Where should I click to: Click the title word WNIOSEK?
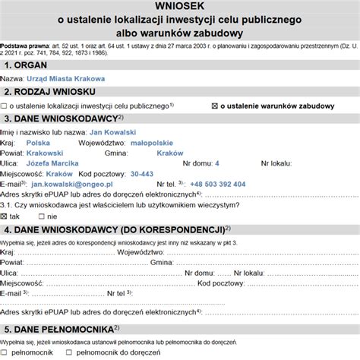click(x=179, y=7)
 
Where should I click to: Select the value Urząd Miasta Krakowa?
click(x=66, y=78)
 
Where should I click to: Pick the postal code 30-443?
click(x=141, y=174)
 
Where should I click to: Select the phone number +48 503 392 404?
click(x=218, y=184)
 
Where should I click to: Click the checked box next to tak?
click(x=6, y=216)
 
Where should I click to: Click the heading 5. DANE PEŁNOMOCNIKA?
click(x=62, y=330)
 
